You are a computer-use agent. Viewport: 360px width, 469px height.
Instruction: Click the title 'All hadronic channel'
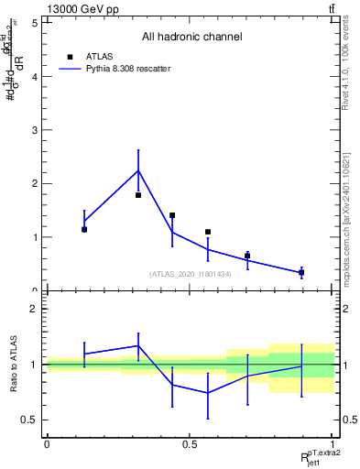click(x=191, y=38)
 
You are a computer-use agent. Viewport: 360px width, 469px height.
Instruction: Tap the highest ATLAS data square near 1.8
click(x=138, y=195)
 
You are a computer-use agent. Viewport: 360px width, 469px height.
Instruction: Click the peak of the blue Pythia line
click(x=138, y=170)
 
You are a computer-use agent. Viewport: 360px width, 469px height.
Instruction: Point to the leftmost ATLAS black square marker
click(x=84, y=229)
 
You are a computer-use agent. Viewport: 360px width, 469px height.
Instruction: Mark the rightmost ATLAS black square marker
click(x=301, y=272)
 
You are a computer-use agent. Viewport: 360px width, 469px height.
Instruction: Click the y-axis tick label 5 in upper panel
click(x=34, y=23)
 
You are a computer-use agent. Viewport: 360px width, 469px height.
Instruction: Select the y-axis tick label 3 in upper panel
click(x=34, y=130)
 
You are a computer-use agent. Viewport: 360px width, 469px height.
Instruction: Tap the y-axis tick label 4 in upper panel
click(x=34, y=77)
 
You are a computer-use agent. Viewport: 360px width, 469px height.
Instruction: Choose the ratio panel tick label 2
click(x=34, y=309)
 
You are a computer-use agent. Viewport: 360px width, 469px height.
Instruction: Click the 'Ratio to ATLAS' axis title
click(x=14, y=365)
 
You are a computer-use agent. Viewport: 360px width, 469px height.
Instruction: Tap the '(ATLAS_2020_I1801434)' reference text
click(x=190, y=274)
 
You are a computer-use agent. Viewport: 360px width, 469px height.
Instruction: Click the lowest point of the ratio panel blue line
click(x=208, y=392)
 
